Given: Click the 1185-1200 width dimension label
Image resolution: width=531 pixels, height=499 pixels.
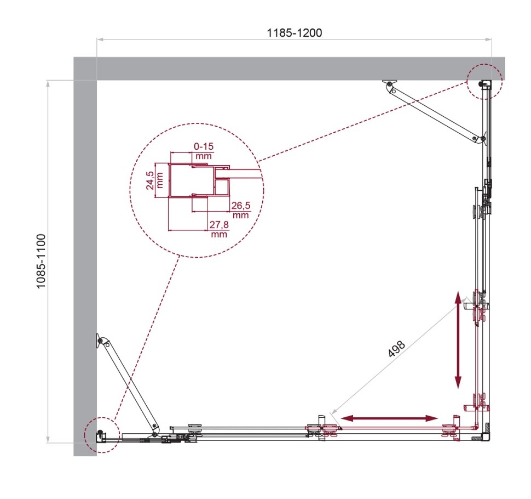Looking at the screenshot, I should coord(294,32).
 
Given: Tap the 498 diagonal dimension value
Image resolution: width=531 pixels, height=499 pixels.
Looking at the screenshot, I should coord(396,349).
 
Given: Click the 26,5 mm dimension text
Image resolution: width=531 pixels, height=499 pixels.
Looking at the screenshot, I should coord(241,209).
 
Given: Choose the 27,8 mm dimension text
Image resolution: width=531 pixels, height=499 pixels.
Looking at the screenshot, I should coord(218,229).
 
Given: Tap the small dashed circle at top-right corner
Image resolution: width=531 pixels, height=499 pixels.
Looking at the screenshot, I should coord(484,81).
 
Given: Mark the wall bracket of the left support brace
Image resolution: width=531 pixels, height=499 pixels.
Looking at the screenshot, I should coord(99,341).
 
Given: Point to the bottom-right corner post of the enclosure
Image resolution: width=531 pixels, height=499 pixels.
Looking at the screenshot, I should coord(484,437).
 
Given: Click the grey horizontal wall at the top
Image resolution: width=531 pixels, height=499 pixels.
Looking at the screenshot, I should coord(285,69).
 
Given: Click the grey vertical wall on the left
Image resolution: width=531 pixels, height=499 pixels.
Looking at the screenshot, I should coord(85,263).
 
